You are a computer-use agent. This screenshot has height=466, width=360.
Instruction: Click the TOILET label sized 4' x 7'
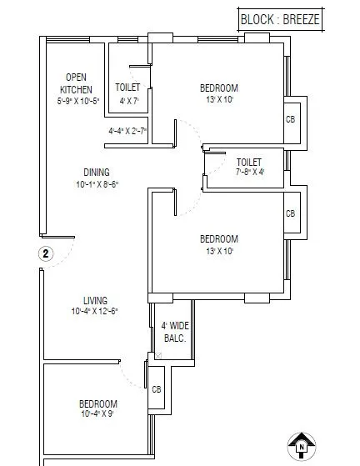127,86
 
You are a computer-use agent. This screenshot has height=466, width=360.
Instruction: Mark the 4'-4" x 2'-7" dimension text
127,131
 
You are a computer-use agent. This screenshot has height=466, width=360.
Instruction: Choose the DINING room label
96,173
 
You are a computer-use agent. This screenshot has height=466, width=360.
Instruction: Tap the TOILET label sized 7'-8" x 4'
249,162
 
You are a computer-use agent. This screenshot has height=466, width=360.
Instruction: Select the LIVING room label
95,300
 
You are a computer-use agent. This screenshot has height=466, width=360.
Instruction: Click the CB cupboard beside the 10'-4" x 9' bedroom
156,388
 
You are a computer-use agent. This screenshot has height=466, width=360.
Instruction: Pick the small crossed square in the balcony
157,356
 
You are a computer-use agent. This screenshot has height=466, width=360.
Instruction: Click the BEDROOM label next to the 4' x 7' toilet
219,88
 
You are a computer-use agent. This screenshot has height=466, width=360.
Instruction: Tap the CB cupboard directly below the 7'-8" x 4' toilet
290,214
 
